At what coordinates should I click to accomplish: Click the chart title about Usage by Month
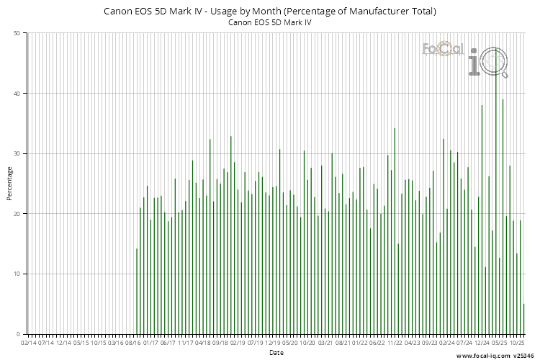270,12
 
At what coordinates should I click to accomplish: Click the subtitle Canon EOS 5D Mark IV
270,22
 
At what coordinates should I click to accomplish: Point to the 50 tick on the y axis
17,33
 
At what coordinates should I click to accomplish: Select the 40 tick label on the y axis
17,94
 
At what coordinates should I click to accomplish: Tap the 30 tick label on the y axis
17,153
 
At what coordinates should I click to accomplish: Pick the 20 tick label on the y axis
17,214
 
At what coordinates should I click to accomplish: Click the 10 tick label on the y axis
17,274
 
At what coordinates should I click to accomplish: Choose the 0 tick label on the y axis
19,334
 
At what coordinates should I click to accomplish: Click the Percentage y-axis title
9,184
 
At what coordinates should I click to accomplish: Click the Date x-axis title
276,353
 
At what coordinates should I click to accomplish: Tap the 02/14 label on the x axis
28,343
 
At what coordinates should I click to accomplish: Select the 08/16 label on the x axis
133,343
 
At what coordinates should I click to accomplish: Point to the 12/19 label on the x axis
273,343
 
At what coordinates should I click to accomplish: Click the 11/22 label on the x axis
395,343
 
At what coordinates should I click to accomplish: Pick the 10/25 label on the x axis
517,343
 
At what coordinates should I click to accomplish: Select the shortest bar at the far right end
524,319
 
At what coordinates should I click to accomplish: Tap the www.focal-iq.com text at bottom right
484,356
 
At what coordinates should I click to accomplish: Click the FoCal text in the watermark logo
441,49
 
